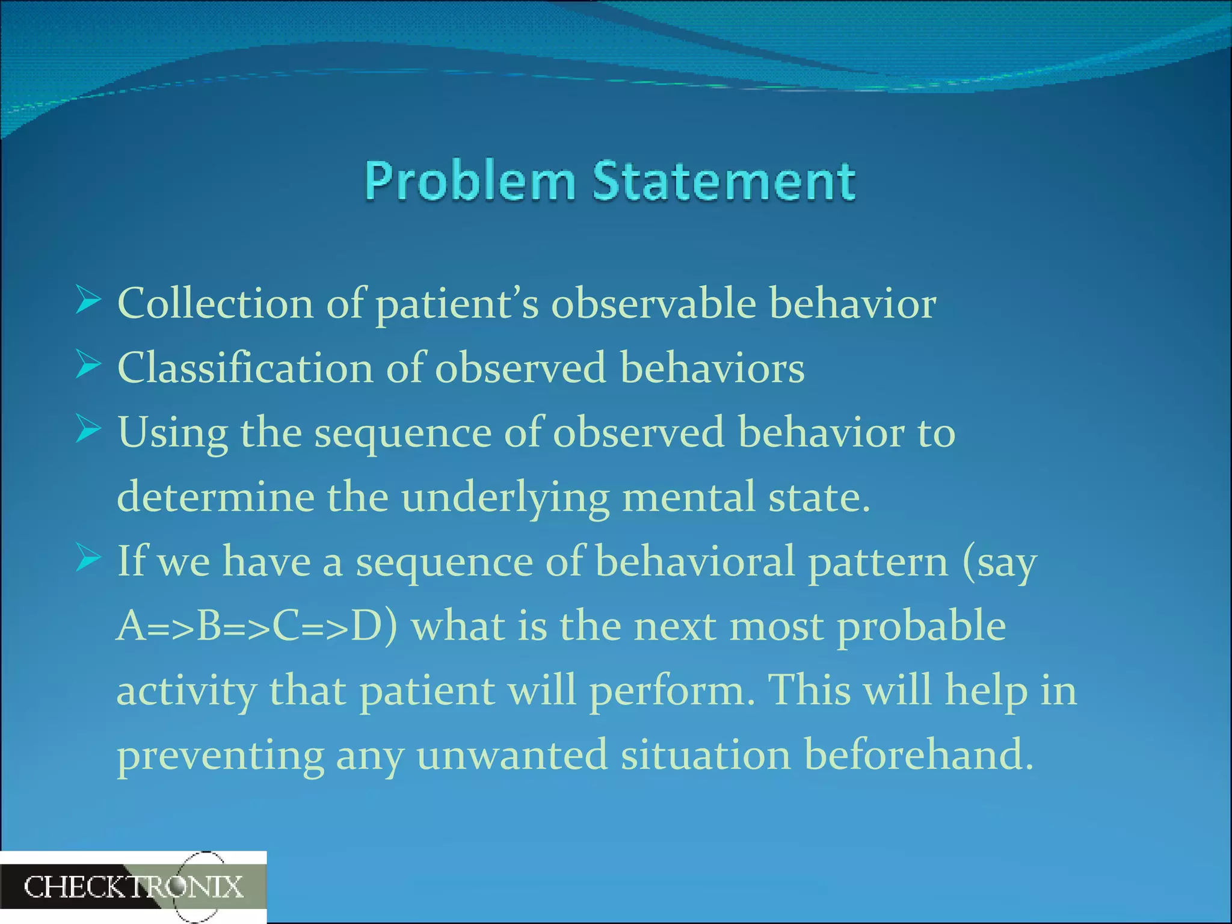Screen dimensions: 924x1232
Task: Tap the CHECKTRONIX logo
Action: (133, 887)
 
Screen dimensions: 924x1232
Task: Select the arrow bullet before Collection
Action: (88, 301)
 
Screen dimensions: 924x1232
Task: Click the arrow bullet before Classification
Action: (88, 365)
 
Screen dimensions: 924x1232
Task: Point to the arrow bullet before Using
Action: (88, 430)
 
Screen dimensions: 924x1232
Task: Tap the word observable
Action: (653, 303)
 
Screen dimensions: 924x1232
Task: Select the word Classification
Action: (245, 368)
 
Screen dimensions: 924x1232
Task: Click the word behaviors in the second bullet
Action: (712, 368)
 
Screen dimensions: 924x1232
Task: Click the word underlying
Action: (505, 498)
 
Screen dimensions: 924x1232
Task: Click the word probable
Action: (921, 627)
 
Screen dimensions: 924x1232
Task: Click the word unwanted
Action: (512, 756)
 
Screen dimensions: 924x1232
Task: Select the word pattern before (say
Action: (878, 562)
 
